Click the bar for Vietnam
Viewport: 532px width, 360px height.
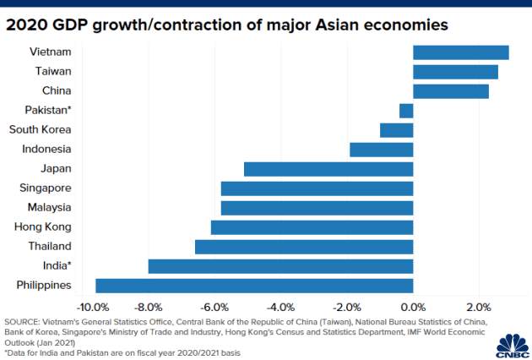(x=461, y=52)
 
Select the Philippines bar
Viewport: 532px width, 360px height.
(x=254, y=286)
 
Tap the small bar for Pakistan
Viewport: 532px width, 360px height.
(x=406, y=111)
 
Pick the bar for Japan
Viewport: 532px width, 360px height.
(x=328, y=169)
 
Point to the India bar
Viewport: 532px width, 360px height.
(x=280, y=266)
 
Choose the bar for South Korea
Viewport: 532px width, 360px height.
(x=397, y=130)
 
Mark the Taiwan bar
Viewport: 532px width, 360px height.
(x=456, y=72)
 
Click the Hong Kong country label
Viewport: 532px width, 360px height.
(x=43, y=226)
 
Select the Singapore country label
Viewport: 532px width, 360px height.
(x=46, y=188)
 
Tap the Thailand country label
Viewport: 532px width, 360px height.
(x=50, y=246)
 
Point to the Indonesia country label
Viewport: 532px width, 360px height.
(x=46, y=149)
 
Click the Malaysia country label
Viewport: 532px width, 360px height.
(x=50, y=208)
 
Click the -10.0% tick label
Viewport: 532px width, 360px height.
(x=93, y=308)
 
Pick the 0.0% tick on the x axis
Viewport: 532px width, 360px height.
(x=413, y=308)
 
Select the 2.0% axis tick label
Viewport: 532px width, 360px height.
(x=479, y=308)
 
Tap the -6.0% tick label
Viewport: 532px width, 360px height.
(x=214, y=308)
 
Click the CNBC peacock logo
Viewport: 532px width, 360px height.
(x=513, y=346)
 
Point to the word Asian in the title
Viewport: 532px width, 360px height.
(x=337, y=25)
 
